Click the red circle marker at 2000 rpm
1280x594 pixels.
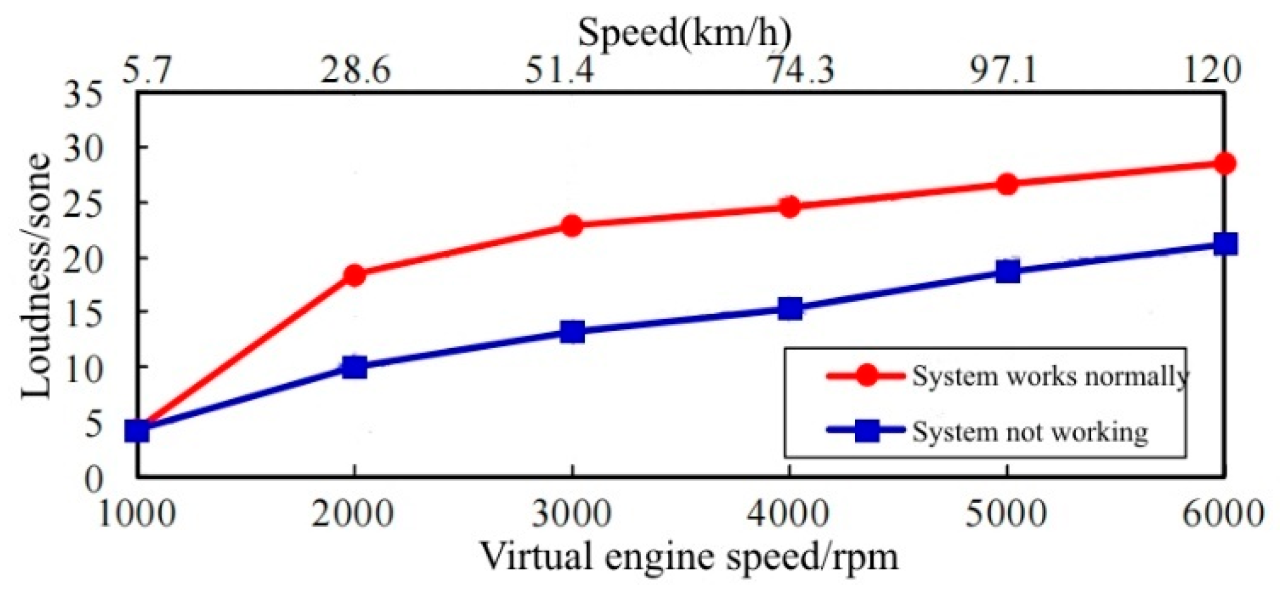pos(354,274)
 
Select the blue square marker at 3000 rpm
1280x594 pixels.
pos(572,332)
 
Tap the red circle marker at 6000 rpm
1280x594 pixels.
pos(1224,164)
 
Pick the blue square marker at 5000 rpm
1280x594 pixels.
pos(1007,272)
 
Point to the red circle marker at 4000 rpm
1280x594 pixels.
pos(789,207)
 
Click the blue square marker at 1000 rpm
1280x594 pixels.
pos(137,431)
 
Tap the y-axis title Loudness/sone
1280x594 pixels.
pos(36,276)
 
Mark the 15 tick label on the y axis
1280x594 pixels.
pos(83,313)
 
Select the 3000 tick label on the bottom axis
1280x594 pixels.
pos(572,513)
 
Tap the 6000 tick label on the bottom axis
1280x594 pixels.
pos(1223,513)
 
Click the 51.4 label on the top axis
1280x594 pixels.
pos(559,70)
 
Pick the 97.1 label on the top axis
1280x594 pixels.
pos(1003,70)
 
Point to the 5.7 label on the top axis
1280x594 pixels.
pos(146,70)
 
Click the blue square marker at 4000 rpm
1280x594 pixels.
pos(790,309)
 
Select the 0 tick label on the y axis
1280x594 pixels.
pos(93,479)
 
